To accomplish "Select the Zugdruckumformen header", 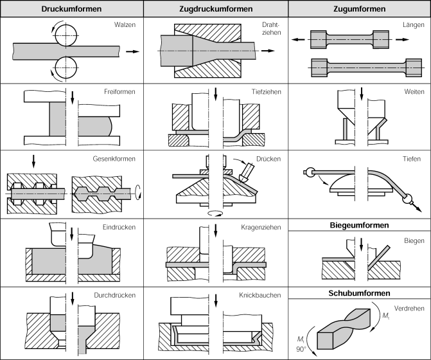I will (x=215, y=9).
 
